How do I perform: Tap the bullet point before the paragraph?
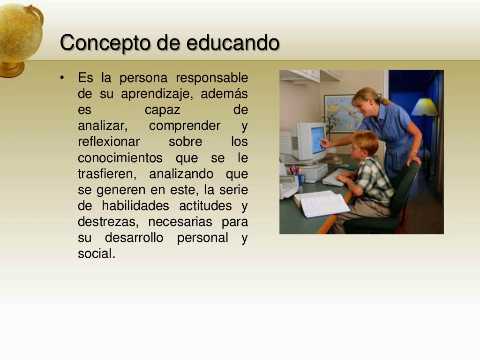click(62, 77)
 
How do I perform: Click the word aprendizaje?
click(157, 94)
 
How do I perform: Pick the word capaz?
click(162, 110)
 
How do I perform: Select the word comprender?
click(185, 126)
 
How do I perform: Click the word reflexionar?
click(109, 142)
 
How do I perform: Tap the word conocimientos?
click(120, 158)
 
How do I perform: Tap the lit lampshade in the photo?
click(424, 107)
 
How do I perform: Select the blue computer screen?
click(318, 139)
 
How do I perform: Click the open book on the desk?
click(322, 203)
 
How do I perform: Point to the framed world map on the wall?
click(341, 113)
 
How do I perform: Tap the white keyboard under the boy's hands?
click(335, 178)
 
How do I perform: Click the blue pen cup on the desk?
click(300, 180)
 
